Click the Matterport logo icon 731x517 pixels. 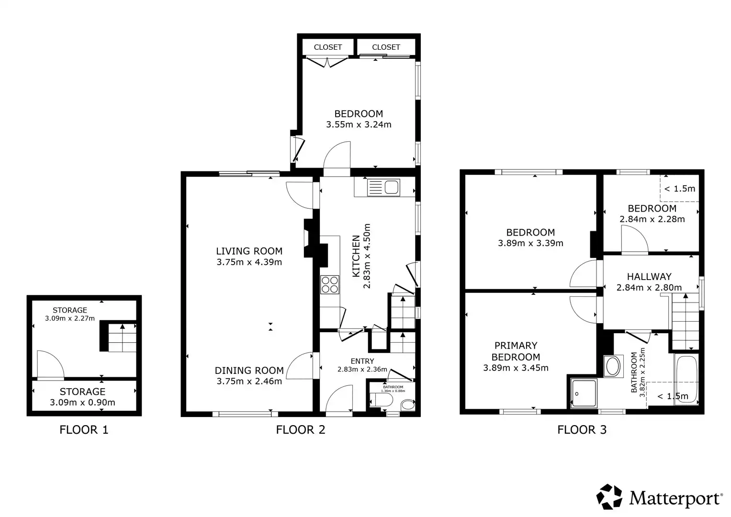click(x=609, y=496)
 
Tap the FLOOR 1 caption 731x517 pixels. click(x=84, y=429)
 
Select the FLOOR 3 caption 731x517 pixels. click(x=582, y=429)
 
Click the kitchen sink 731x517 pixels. click(x=383, y=187)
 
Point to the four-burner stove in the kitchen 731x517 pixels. click(x=330, y=285)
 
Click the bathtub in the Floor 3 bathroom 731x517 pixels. click(x=686, y=380)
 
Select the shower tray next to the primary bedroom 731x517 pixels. click(x=584, y=393)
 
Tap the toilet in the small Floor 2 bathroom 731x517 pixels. click(x=381, y=400)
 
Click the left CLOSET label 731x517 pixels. click(x=328, y=47)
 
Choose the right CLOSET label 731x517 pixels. click(x=386, y=47)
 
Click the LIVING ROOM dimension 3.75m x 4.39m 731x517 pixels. click(x=249, y=262)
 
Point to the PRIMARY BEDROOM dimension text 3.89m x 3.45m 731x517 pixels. click(x=516, y=368)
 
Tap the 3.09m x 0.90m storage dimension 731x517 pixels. click(x=82, y=403)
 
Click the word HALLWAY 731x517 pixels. click(x=650, y=277)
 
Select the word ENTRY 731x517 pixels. click(x=362, y=361)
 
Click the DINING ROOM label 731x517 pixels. click(x=249, y=371)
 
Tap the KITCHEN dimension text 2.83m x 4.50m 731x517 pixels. click(x=367, y=256)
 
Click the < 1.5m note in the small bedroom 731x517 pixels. click(x=680, y=189)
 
